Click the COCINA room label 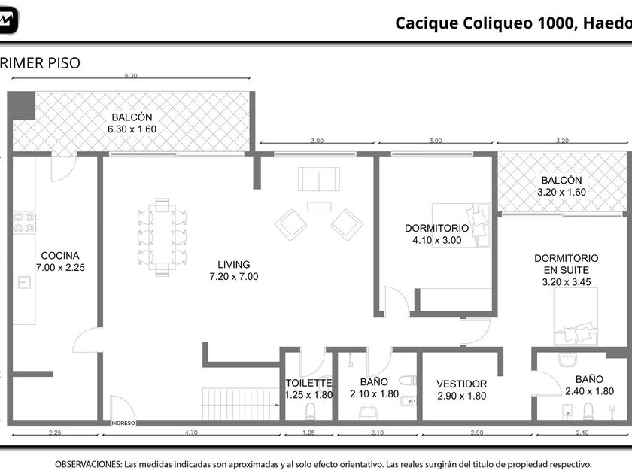(60, 256)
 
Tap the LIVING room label (234, 264)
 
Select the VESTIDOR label (461, 384)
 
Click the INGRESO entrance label (123, 423)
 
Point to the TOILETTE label (308, 383)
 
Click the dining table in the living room (162, 237)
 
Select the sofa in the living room (319, 179)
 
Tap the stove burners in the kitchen (25, 223)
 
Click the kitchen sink (25, 281)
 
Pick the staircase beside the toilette (241, 404)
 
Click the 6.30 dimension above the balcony (131, 76)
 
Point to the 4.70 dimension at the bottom (191, 433)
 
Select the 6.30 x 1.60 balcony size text (132, 129)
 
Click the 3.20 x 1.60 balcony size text (561, 192)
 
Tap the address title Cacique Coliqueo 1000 (484, 23)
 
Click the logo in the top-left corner (8, 20)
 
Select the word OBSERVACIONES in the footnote (88, 464)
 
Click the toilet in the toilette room (310, 411)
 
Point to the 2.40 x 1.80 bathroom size (589, 391)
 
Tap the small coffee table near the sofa (319, 206)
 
